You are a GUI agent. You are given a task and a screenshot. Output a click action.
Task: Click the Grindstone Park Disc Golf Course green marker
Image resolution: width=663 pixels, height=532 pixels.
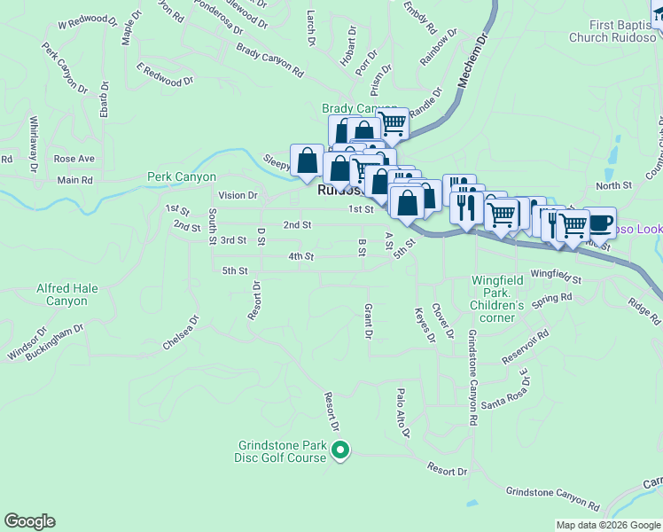click(x=340, y=452)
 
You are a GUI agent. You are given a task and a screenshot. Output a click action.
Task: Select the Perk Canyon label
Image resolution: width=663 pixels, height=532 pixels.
click(x=182, y=177)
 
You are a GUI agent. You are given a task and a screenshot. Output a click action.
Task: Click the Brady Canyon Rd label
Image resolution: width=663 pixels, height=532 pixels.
click(x=270, y=60)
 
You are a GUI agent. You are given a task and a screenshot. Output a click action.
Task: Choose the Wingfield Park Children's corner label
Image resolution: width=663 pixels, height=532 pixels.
click(x=497, y=293)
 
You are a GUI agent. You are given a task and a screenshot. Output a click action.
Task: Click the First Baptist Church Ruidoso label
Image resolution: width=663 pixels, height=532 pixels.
click(x=610, y=32)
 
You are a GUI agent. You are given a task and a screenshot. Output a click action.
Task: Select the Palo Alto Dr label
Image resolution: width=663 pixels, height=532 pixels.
click(x=403, y=413)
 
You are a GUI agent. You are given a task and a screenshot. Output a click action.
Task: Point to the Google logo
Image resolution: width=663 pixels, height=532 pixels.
click(x=29, y=521)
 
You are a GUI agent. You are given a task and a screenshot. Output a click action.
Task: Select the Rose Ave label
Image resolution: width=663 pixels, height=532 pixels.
click(x=74, y=159)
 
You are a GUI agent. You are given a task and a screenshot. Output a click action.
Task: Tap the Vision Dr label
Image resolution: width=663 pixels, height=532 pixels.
click(x=237, y=195)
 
